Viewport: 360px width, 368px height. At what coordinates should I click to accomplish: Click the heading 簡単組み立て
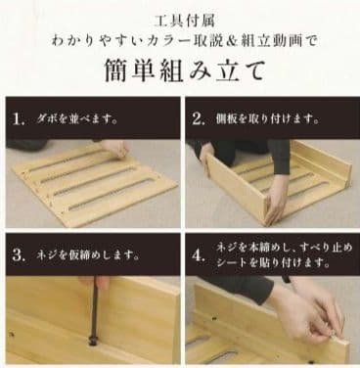pyautogui.click(x=180, y=71)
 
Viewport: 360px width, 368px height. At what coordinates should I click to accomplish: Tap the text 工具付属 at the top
pyautogui.click(x=180, y=19)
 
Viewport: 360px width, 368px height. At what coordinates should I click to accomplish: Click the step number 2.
pyautogui.click(x=199, y=120)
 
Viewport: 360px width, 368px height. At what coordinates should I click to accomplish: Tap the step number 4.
pyautogui.click(x=199, y=256)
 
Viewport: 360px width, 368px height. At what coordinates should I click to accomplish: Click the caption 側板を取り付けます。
pyautogui.click(x=265, y=120)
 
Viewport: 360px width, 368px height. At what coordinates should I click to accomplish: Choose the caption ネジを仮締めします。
pyautogui.click(x=83, y=256)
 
